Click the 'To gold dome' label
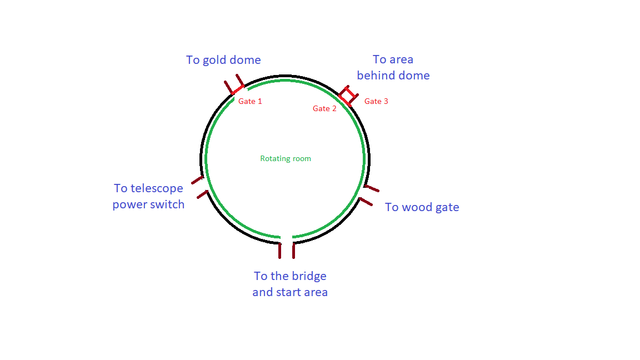tap(223, 60)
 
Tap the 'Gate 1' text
tap(250, 102)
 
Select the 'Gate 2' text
tap(324, 109)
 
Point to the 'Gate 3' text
tap(376, 102)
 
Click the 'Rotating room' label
tap(286, 159)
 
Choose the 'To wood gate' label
tap(422, 207)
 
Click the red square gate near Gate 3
tap(348, 96)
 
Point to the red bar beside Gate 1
tap(237, 89)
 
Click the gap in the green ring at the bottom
tap(287, 238)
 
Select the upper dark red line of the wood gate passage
tap(372, 189)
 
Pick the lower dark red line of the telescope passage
tap(202, 195)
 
